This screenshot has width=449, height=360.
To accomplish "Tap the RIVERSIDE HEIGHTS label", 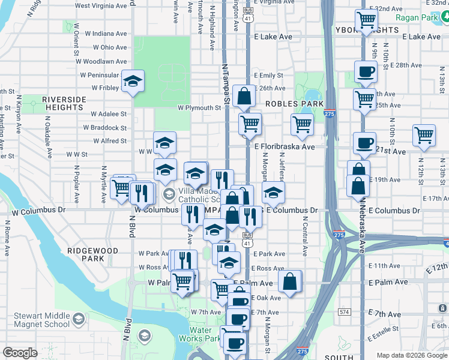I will coord(62,103).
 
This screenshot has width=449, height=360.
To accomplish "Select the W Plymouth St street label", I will coord(199,108).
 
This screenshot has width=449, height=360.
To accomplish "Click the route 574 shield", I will coord(344,312).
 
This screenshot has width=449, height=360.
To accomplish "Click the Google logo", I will coord(20,353).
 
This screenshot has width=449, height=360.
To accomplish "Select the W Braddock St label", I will coord(105,127).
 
